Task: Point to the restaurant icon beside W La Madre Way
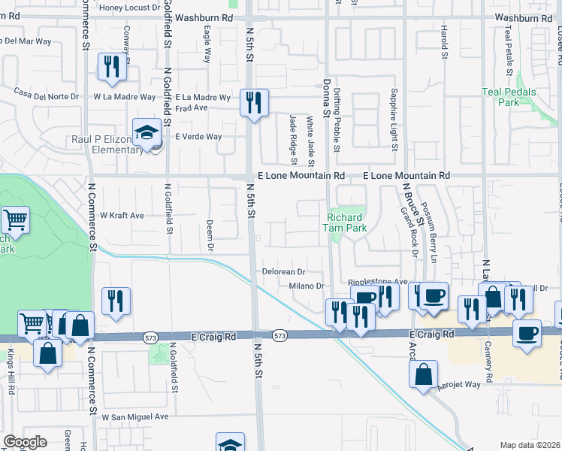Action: coord(111,67)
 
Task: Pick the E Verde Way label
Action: coord(198,137)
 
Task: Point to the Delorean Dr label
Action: coord(283,271)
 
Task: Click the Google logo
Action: coord(25,443)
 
